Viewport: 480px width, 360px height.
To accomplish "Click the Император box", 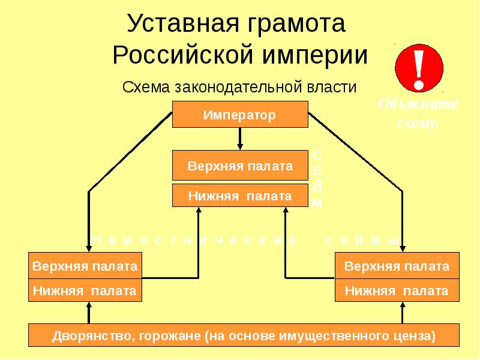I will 240,115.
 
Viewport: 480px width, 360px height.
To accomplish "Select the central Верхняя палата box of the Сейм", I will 240,166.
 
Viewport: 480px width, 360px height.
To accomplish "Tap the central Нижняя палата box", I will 240,196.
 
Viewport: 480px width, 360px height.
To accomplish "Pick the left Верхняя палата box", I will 85,266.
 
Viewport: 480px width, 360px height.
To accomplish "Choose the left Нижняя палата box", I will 85,291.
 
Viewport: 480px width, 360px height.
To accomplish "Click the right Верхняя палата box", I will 397,266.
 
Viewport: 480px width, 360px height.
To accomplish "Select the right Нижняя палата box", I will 397,291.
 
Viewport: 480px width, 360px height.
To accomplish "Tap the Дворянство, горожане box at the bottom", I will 244,335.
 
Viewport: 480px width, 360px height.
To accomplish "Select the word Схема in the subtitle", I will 146,88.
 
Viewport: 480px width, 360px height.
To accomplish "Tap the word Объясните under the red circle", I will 419,104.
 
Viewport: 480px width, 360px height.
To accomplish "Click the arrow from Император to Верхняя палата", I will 240,139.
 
